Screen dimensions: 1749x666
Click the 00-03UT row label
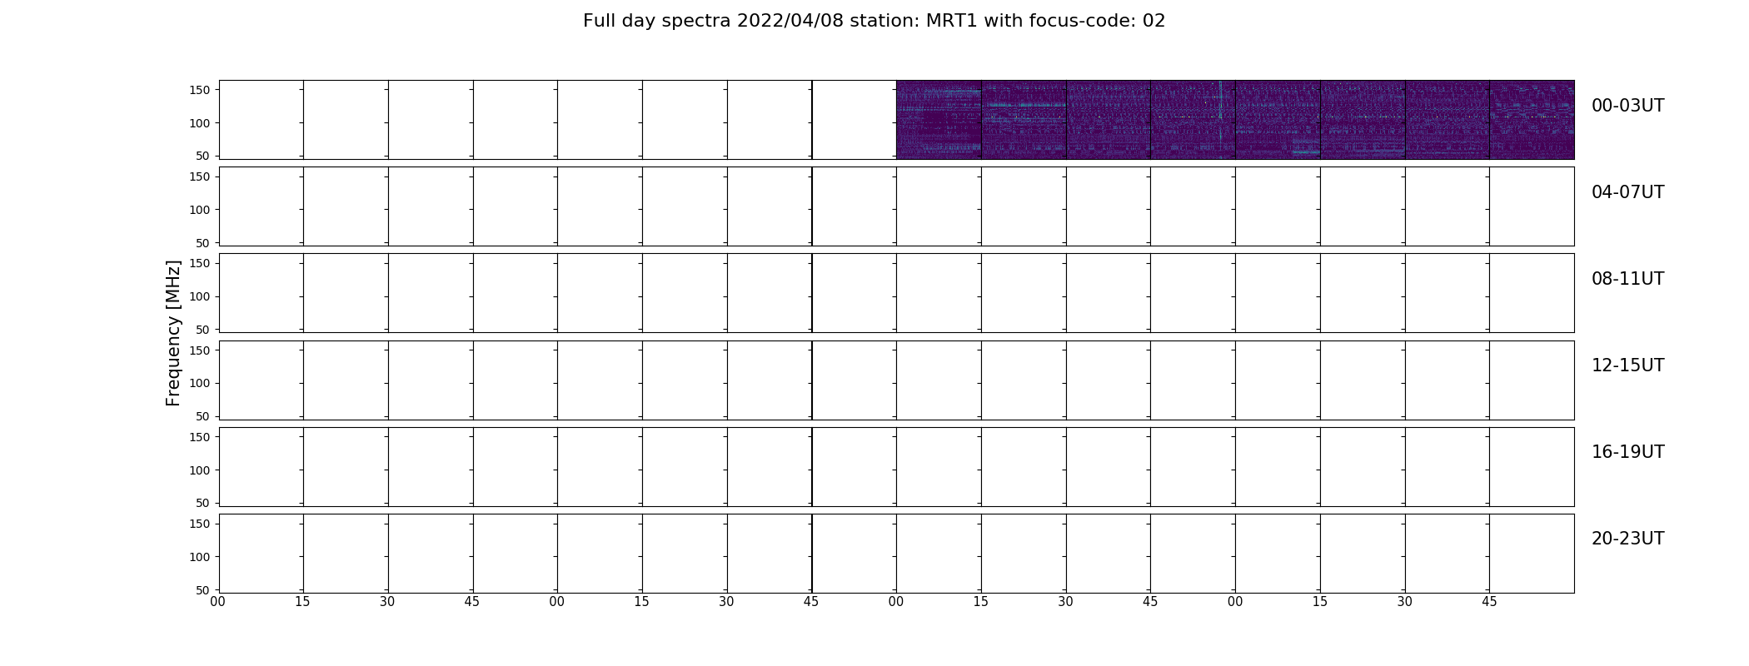coord(1627,106)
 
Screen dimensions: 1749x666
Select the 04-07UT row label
coord(1627,192)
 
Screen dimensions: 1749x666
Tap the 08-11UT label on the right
coord(1627,279)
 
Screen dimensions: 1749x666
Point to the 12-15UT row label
coord(1627,365)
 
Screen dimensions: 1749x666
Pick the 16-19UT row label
coord(1627,452)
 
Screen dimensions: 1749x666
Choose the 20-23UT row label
coord(1627,539)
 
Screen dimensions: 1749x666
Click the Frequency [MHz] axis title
coord(173,333)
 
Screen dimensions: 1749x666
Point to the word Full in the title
coord(600,21)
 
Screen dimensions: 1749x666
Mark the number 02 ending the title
coord(1154,21)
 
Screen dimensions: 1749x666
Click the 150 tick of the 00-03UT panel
coord(199,90)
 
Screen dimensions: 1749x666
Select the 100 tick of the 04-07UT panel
coord(199,210)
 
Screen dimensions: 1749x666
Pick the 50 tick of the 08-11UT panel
coord(202,330)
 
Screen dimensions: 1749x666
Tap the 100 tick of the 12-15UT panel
coord(199,383)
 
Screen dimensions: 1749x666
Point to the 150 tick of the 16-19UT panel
coord(199,437)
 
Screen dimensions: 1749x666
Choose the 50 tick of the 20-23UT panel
coord(202,590)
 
